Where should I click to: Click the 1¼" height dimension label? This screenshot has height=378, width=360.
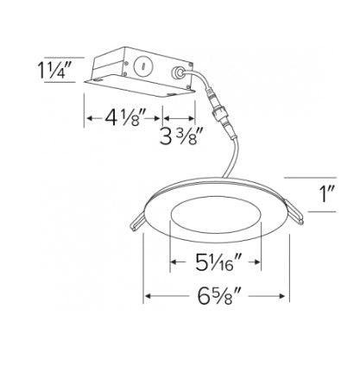54,71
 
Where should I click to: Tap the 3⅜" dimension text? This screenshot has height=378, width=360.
181,136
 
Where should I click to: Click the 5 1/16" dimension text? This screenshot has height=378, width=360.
218,262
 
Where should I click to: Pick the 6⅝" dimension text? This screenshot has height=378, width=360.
219,296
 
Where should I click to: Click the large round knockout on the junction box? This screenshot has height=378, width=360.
142,66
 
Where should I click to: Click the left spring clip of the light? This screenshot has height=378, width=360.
137,223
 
